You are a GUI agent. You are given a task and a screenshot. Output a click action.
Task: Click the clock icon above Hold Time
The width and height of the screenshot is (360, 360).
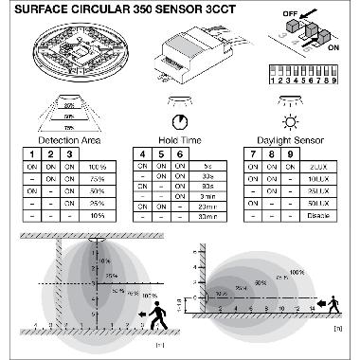point(179,122)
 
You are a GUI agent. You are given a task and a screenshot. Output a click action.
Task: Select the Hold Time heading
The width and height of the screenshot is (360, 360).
point(178,139)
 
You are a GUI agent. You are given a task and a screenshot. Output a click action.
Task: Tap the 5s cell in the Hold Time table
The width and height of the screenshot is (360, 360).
point(208,167)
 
